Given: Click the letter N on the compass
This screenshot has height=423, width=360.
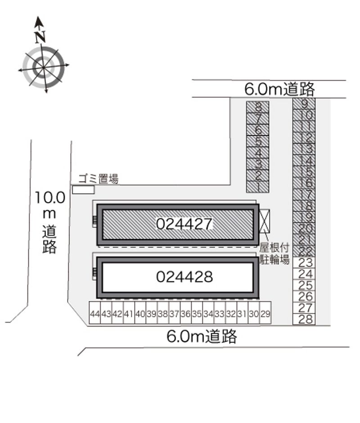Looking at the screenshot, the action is pos(40,37).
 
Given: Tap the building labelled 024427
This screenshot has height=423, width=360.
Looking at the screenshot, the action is pos(178,225).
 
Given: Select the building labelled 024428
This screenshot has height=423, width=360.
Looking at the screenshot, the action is pos(178,278).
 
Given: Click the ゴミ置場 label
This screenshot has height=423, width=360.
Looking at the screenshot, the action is pos(99,179).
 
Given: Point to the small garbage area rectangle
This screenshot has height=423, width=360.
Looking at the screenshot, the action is pos(83,189).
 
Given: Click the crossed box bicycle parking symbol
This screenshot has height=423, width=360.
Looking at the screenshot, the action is pos(264,221).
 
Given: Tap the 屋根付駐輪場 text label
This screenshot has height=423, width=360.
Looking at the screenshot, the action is pos(274,254).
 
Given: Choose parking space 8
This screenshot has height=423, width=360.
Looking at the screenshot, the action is pos(258,107).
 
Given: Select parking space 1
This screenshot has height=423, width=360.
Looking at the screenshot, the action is pos(258,187).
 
